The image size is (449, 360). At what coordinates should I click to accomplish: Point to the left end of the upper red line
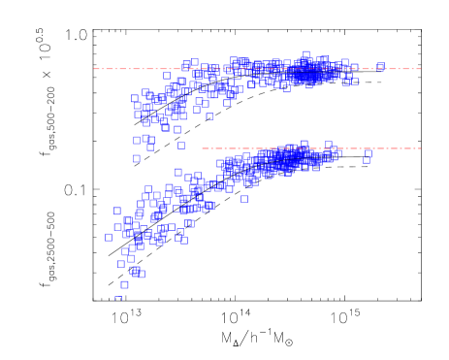pyautogui.click(x=94, y=69)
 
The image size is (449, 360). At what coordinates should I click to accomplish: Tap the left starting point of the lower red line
pyautogui.click(x=202, y=148)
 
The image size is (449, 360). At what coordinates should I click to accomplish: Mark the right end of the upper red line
pyautogui.click(x=421, y=69)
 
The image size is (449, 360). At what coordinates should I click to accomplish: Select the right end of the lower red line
pyautogui.click(x=421, y=148)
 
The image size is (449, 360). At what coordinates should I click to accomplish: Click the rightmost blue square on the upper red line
pyautogui.click(x=381, y=67)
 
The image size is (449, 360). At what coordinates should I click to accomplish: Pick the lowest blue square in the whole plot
pyautogui.click(x=118, y=299)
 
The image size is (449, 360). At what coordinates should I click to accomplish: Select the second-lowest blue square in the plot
pyautogui.click(x=124, y=284)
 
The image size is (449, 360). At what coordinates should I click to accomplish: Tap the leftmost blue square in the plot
pyautogui.click(x=109, y=237)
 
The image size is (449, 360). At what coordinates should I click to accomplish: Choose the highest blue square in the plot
pyautogui.click(x=305, y=54)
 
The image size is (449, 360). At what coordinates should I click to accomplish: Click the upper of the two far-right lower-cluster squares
pyautogui.click(x=369, y=153)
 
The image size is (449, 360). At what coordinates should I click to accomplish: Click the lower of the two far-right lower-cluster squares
pyautogui.click(x=367, y=160)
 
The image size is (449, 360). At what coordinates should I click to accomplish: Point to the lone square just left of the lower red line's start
pyautogui.click(x=181, y=146)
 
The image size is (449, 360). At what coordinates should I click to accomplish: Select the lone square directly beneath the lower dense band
pyautogui.click(x=244, y=199)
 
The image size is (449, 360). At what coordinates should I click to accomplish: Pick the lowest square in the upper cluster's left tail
pyautogui.click(x=137, y=158)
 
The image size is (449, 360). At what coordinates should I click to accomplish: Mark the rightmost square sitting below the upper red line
pyautogui.click(x=355, y=82)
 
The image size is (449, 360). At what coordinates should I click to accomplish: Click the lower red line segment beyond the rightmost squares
pyautogui.click(x=398, y=148)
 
